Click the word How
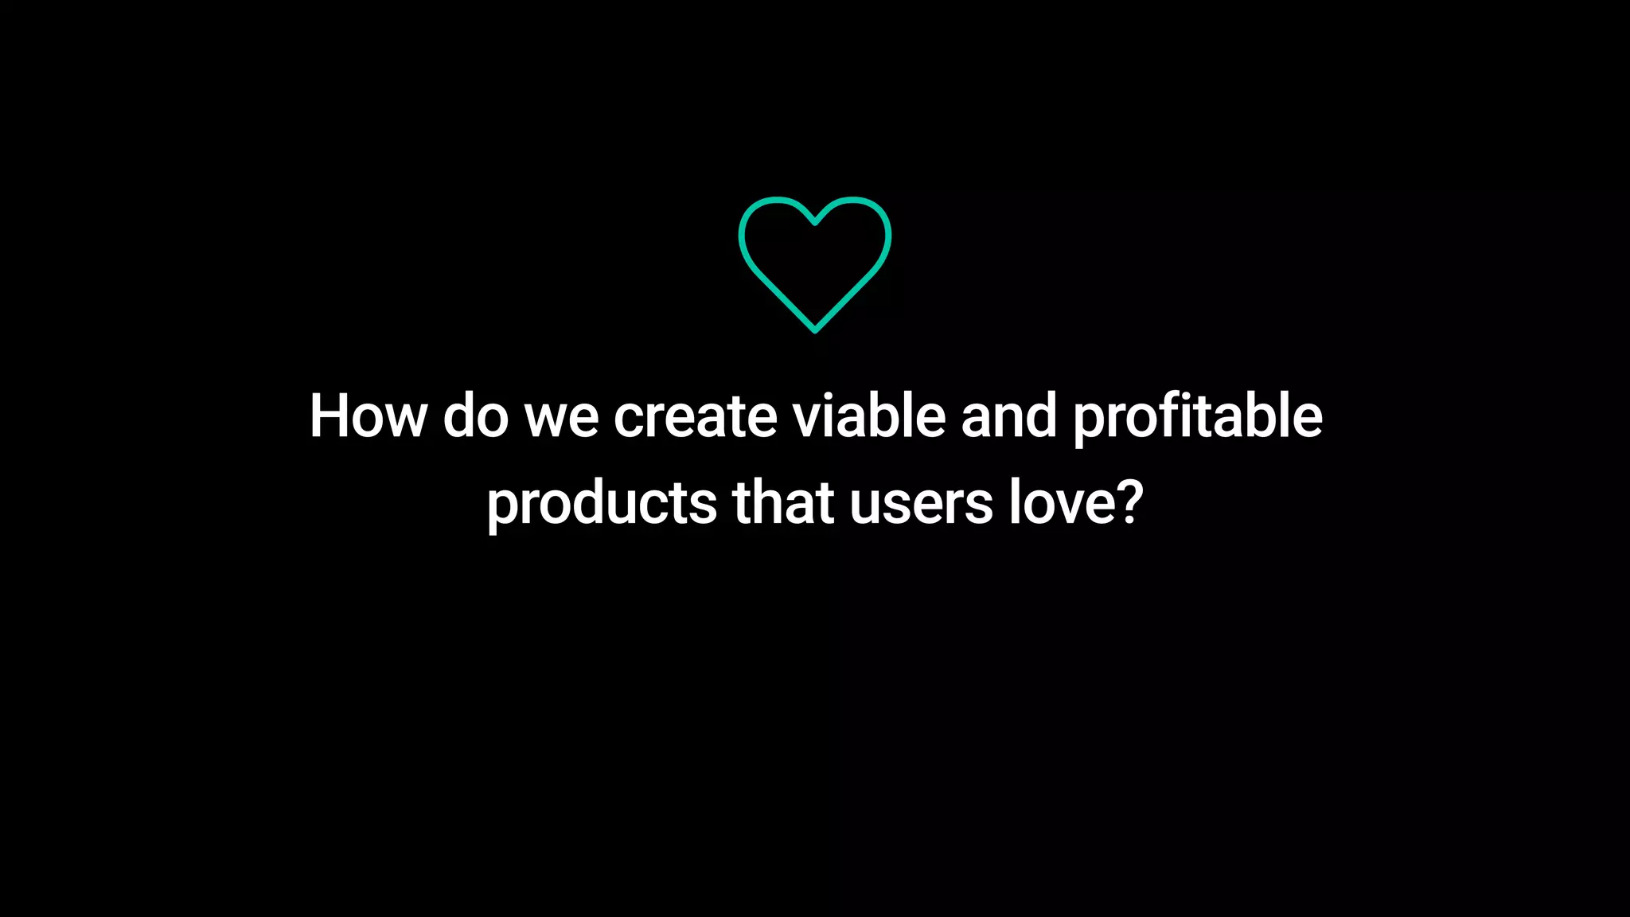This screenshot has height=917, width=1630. (368, 416)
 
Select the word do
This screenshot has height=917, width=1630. (475, 416)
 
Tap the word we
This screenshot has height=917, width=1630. (562, 417)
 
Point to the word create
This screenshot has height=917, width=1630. (695, 417)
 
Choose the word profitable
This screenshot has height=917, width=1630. (1198, 417)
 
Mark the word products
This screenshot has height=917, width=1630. (602, 504)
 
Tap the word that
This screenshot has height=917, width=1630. (783, 502)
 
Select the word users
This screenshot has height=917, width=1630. (921, 504)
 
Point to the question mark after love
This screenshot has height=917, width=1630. (1129, 502)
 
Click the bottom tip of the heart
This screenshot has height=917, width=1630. (815, 330)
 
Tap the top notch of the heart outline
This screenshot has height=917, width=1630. (815, 223)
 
